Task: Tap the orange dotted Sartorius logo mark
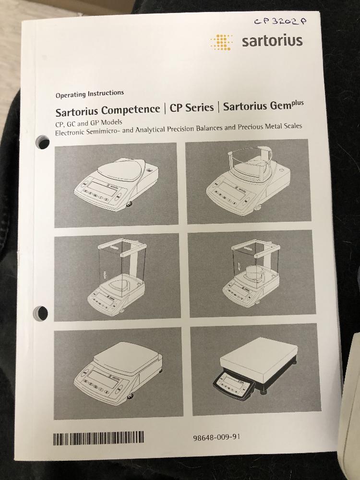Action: pos(221,42)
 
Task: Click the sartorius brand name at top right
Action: pos(272,41)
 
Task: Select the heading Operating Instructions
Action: pos(90,94)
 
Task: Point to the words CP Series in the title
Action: pos(192,108)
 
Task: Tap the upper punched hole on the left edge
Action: pos(43,143)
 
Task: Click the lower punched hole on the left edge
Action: pos(41,312)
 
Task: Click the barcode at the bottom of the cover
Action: pos(98,438)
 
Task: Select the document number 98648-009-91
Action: pos(216,437)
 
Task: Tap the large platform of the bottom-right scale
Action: pos(259,356)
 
